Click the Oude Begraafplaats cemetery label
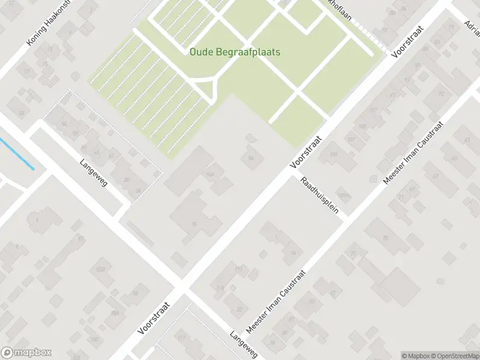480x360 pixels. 235,52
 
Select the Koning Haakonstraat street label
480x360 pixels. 47,24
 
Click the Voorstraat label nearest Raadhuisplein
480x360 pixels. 306,151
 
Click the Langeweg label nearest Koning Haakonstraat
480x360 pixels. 94,172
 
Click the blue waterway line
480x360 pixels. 16,154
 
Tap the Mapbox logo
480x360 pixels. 26,353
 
